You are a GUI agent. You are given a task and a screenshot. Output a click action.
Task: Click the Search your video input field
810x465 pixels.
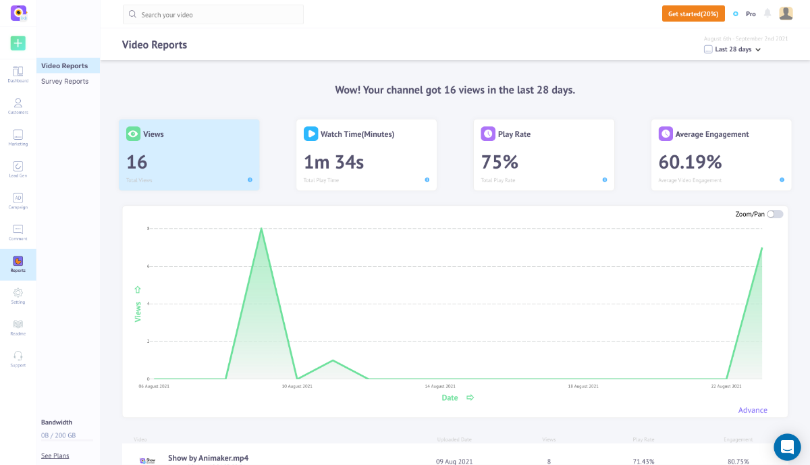213,14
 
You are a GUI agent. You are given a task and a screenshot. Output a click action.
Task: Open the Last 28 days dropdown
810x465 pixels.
733,49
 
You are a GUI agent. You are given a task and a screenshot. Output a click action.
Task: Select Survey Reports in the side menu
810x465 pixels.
65,82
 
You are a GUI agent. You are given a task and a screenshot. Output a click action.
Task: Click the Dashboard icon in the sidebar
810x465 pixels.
18,72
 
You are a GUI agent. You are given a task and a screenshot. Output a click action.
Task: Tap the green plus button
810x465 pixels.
18,43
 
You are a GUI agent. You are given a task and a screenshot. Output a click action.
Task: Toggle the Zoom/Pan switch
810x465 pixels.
775,214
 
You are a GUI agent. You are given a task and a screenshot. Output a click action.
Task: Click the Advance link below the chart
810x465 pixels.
753,410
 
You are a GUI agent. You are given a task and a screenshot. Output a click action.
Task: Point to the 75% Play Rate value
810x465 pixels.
500,162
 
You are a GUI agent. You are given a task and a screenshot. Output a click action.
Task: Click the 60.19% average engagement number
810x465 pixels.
690,162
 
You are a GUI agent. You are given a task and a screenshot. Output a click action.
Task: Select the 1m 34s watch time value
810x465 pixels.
333,162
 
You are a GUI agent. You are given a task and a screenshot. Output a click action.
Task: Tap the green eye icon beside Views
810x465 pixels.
133,134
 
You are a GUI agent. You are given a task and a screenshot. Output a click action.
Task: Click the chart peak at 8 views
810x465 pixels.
261,228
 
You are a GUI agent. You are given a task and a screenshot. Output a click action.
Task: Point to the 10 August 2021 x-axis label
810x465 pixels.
297,386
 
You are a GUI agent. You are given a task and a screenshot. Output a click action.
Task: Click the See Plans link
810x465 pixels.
55,456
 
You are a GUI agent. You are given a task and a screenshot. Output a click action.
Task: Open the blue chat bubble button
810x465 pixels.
787,447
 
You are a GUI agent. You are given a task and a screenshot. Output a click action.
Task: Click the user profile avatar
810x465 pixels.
786,13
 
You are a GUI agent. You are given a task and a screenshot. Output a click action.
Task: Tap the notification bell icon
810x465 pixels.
767,13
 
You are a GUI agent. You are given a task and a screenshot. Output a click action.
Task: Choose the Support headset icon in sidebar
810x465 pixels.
18,356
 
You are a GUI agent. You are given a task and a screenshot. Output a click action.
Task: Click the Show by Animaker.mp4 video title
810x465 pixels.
208,458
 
